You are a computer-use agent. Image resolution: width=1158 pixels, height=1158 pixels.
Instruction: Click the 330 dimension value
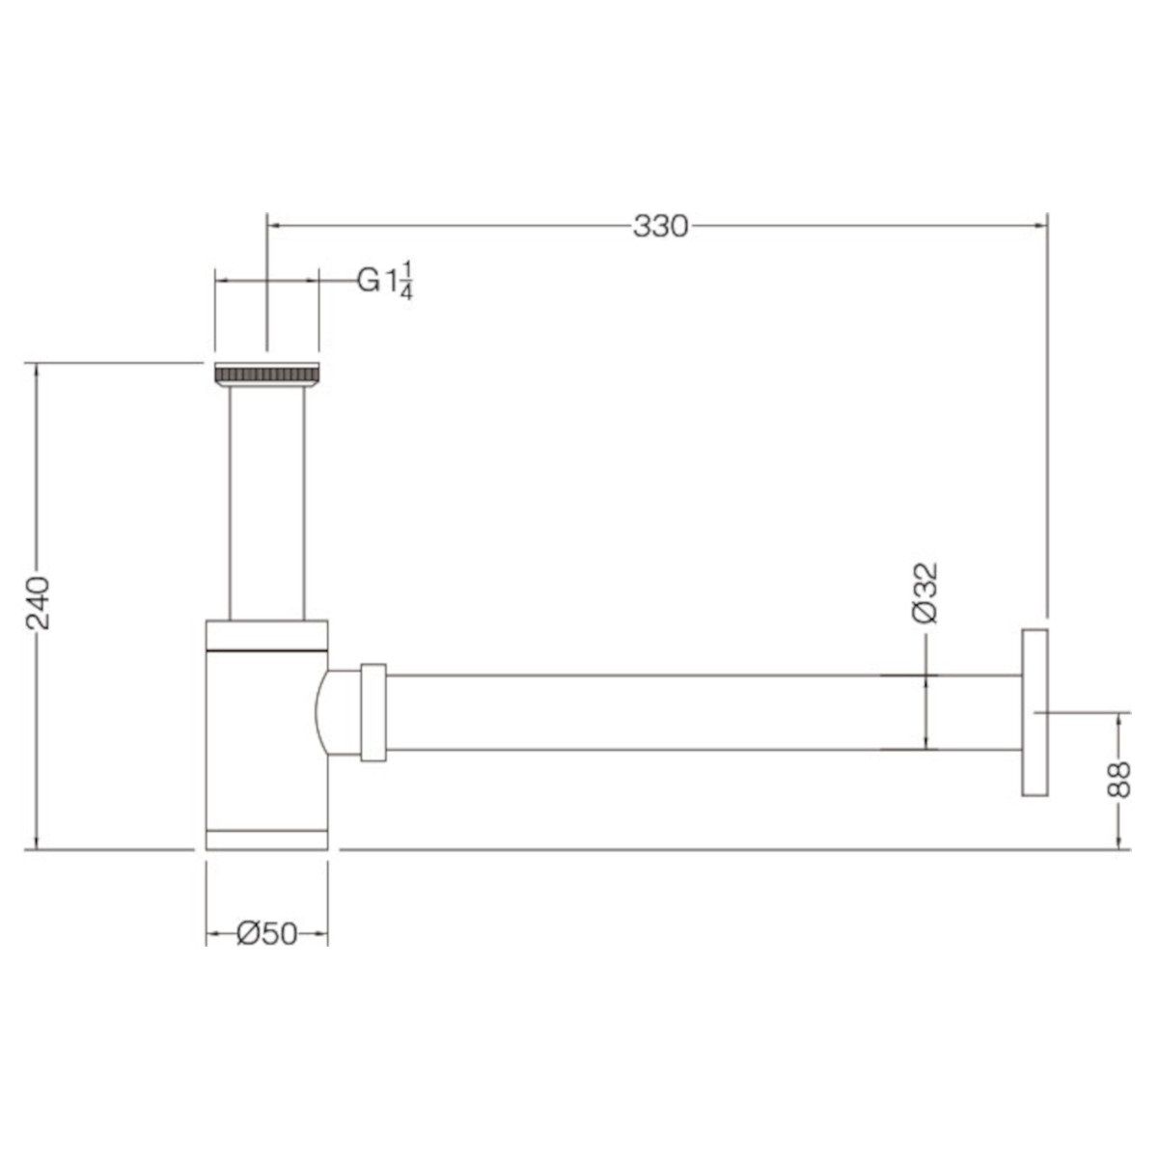click(660, 227)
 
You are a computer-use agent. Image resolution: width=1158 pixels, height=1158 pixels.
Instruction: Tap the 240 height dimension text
click(38, 603)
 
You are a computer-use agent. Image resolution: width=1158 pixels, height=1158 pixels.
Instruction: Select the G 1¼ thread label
click(385, 281)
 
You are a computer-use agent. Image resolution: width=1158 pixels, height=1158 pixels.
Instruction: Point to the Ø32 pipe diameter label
click(924, 593)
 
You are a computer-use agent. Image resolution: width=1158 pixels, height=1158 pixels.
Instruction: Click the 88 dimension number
click(1118, 780)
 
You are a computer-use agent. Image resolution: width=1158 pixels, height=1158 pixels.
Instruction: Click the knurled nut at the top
click(266, 374)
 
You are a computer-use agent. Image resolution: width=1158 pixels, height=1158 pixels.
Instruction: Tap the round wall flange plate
click(1034, 713)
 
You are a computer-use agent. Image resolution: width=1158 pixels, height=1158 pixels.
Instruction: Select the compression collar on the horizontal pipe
click(373, 713)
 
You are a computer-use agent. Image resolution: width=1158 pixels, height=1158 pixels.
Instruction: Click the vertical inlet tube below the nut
click(266, 504)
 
